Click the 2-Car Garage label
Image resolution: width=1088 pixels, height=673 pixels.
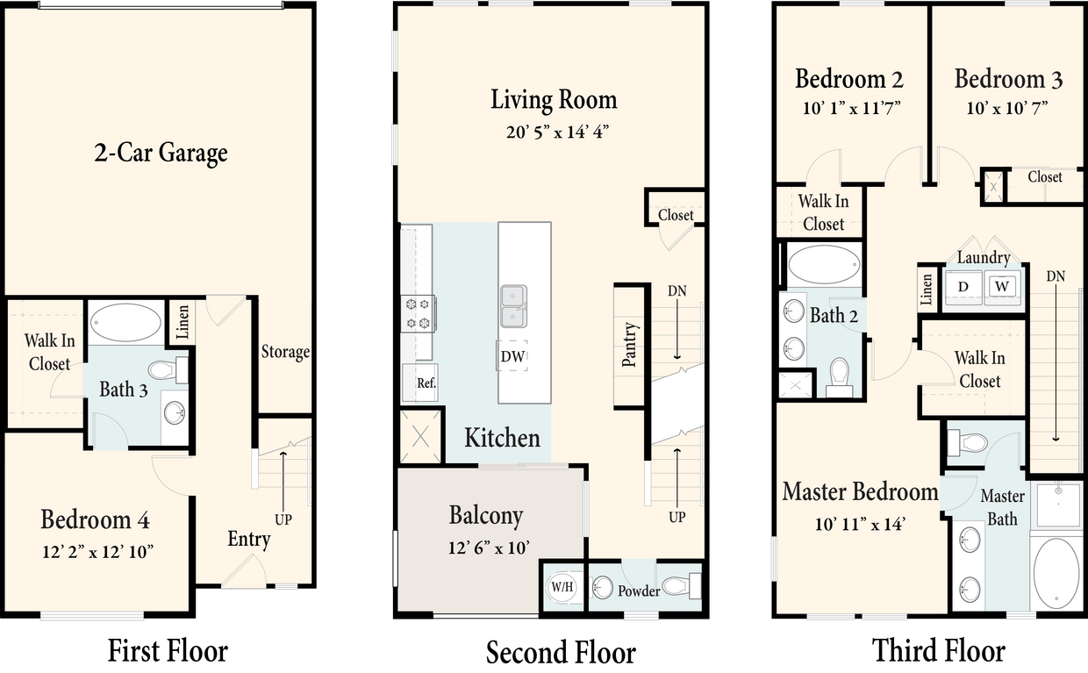coord(161,153)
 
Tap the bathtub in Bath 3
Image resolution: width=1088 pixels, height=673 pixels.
coord(125,323)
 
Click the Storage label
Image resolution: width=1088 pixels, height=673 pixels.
coord(285,352)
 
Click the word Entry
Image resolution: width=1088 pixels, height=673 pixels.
coord(248,539)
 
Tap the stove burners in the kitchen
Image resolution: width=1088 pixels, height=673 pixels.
coord(419,314)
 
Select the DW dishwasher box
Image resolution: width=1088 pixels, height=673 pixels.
coord(513,356)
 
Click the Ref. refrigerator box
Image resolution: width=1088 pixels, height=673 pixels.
coord(426,383)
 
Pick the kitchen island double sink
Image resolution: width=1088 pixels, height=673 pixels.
coord(513,306)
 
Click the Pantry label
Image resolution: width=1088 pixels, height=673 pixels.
coord(629,345)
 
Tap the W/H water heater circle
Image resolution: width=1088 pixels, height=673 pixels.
coord(562,587)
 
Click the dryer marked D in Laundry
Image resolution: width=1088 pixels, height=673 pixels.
coord(963,287)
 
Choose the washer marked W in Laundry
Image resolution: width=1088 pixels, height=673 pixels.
coord(1003,286)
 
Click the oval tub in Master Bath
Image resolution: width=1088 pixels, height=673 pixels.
coord(1056,573)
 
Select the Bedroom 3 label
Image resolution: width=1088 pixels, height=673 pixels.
coord(1008,79)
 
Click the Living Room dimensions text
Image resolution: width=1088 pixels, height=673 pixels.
coord(553,132)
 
